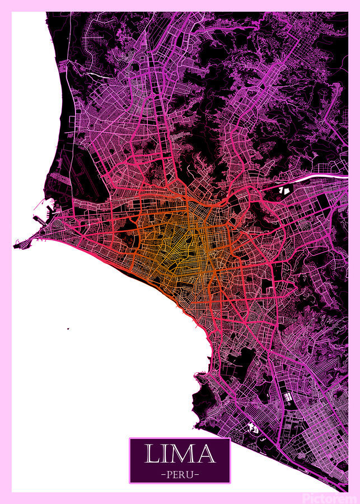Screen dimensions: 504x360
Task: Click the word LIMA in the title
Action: (180, 454)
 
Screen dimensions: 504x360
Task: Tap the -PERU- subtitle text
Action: (180, 473)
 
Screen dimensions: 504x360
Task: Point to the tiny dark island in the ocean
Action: (68, 329)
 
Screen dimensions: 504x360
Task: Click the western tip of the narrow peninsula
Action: (15, 246)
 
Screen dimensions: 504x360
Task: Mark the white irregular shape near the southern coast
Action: (253, 429)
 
